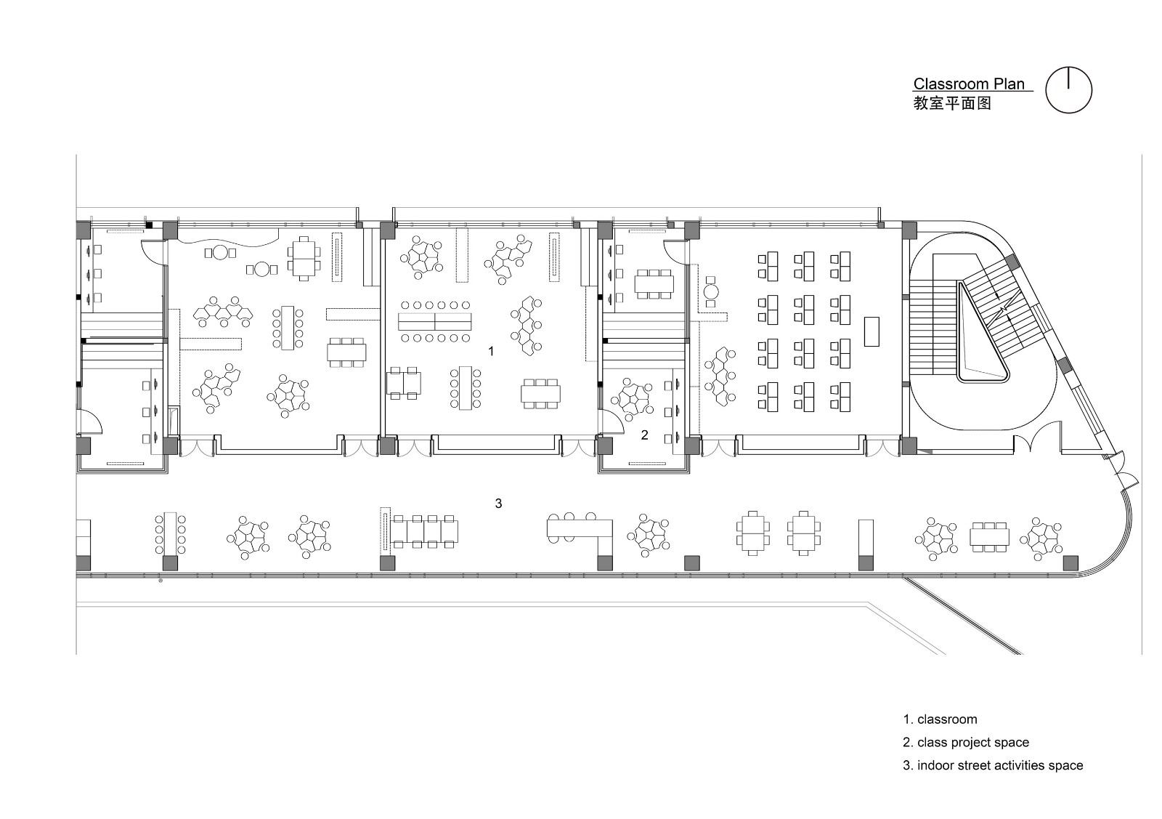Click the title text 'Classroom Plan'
(969, 84)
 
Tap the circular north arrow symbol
(1068, 89)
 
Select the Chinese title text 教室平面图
(952, 102)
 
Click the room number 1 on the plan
(491, 352)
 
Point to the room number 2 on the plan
(644, 435)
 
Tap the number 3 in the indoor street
(498, 503)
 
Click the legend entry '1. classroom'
(940, 719)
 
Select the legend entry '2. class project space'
(966, 742)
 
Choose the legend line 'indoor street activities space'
(1000, 765)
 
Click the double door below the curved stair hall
(1031, 444)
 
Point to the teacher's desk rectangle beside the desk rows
(871, 331)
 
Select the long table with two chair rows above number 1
(435, 322)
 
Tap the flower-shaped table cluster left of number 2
(631, 400)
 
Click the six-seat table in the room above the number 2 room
(654, 284)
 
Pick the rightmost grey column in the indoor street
(1070, 563)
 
